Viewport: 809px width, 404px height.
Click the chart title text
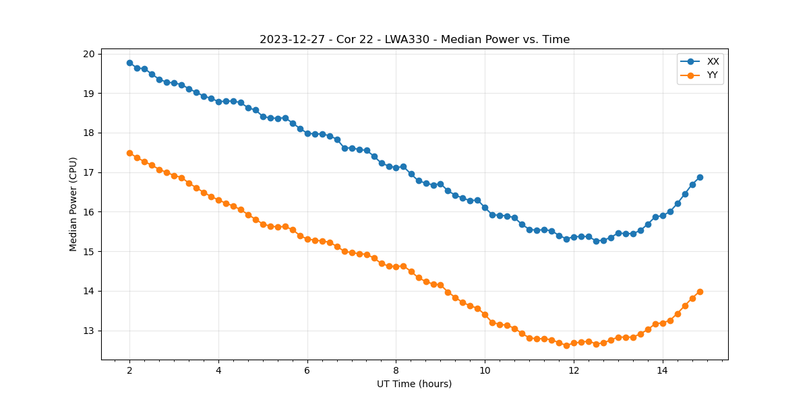(415, 40)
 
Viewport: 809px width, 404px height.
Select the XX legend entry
(713, 61)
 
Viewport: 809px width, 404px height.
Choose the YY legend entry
(712, 75)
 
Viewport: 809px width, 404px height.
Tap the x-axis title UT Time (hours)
(414, 384)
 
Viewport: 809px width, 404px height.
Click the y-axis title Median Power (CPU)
(73, 204)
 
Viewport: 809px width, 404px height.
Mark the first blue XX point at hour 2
(129, 63)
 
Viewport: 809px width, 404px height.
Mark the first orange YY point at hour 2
(129, 153)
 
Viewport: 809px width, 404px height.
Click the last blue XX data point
(700, 177)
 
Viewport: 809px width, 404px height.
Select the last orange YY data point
(700, 292)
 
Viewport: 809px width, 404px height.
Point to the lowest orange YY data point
(566, 345)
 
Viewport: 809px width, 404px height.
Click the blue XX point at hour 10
(485, 207)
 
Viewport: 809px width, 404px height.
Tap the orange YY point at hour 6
(307, 239)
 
